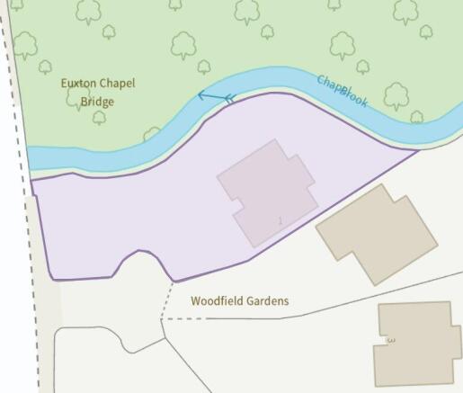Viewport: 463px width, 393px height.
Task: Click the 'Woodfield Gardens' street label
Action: pos(239,301)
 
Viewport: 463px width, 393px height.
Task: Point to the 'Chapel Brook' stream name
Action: pos(343,91)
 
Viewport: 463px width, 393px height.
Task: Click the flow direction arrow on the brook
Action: pos(216,96)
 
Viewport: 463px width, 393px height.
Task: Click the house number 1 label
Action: pos(280,220)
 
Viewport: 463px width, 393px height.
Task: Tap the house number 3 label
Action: pos(390,341)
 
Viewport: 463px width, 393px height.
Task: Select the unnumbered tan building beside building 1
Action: pos(376,232)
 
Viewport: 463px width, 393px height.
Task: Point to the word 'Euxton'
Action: pos(78,84)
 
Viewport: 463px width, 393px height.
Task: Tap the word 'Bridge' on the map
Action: pos(97,103)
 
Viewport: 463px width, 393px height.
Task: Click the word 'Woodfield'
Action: pos(214,301)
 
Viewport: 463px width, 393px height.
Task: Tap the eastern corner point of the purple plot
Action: pos(419,150)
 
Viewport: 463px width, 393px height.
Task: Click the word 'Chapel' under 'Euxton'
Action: pos(117,84)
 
